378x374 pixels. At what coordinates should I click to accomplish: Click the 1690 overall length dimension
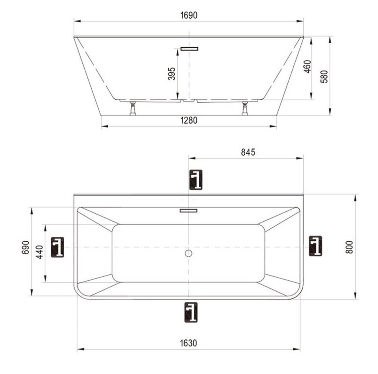coord(189,15)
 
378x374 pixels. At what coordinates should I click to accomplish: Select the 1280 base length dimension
coord(189,120)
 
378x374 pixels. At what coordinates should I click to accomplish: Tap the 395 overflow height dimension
coord(172,74)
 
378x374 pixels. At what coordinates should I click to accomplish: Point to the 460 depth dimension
coord(308,67)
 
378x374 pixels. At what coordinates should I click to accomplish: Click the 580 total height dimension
coord(324,76)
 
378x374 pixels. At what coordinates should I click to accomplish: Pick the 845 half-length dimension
coord(248,152)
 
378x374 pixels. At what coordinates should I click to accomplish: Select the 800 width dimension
coord(349,247)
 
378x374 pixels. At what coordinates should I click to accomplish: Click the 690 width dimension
coord(26,247)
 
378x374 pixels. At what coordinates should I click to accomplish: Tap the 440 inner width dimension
coord(39,252)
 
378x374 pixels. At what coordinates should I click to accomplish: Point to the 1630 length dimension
coord(189,343)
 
